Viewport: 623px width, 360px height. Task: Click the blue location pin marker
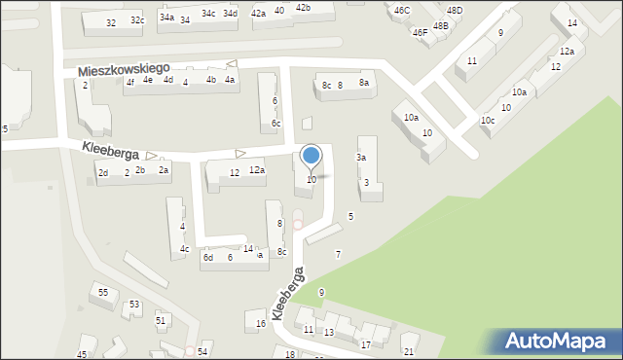pyautogui.click(x=311, y=157)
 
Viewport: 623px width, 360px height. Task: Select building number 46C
pyautogui.click(x=401, y=10)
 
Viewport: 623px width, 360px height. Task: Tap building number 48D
pyautogui.click(x=455, y=11)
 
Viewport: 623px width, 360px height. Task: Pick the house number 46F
pyautogui.click(x=420, y=32)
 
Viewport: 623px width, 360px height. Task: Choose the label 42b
pyautogui.click(x=303, y=8)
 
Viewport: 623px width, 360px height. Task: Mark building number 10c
pyautogui.click(x=488, y=121)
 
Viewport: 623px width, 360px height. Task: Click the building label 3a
pyautogui.click(x=361, y=158)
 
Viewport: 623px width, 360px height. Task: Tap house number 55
pyautogui.click(x=102, y=292)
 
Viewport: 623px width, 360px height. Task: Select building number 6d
pyautogui.click(x=208, y=258)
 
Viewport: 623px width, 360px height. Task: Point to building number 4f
pyautogui.click(x=129, y=83)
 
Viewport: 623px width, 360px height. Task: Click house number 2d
pyautogui.click(x=102, y=173)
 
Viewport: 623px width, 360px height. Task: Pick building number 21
pyautogui.click(x=408, y=351)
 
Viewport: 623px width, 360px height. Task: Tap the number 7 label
pyautogui.click(x=338, y=254)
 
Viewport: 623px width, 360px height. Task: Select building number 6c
pyautogui.click(x=276, y=123)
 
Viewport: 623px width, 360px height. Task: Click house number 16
pyautogui.click(x=260, y=323)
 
